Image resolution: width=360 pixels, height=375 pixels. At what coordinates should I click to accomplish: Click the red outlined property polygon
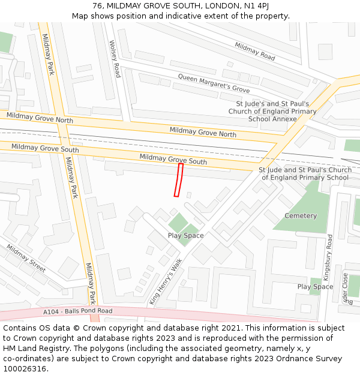click(x=178, y=179)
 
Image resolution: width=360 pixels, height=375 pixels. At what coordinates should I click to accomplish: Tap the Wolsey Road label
click(x=115, y=59)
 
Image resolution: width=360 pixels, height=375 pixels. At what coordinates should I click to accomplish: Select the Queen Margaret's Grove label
click(x=214, y=83)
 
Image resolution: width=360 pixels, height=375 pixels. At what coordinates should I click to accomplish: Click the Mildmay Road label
click(x=255, y=51)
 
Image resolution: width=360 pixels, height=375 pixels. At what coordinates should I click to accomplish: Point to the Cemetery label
click(x=301, y=216)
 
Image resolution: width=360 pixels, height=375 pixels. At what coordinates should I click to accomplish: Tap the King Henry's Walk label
click(x=165, y=282)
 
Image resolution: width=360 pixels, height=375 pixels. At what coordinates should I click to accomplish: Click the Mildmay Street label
click(x=26, y=259)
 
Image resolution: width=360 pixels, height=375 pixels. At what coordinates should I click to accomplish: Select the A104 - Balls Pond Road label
click(x=78, y=311)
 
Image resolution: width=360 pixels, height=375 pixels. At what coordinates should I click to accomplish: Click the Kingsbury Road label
click(x=329, y=259)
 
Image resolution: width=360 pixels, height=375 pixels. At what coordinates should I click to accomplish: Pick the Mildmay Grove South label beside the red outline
click(x=173, y=159)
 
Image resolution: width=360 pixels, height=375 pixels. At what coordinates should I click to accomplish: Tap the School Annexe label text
click(x=272, y=119)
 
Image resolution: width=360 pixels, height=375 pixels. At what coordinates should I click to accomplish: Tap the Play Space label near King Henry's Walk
click(x=185, y=235)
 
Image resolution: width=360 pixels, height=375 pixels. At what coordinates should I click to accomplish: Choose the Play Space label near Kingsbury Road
click(x=315, y=287)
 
